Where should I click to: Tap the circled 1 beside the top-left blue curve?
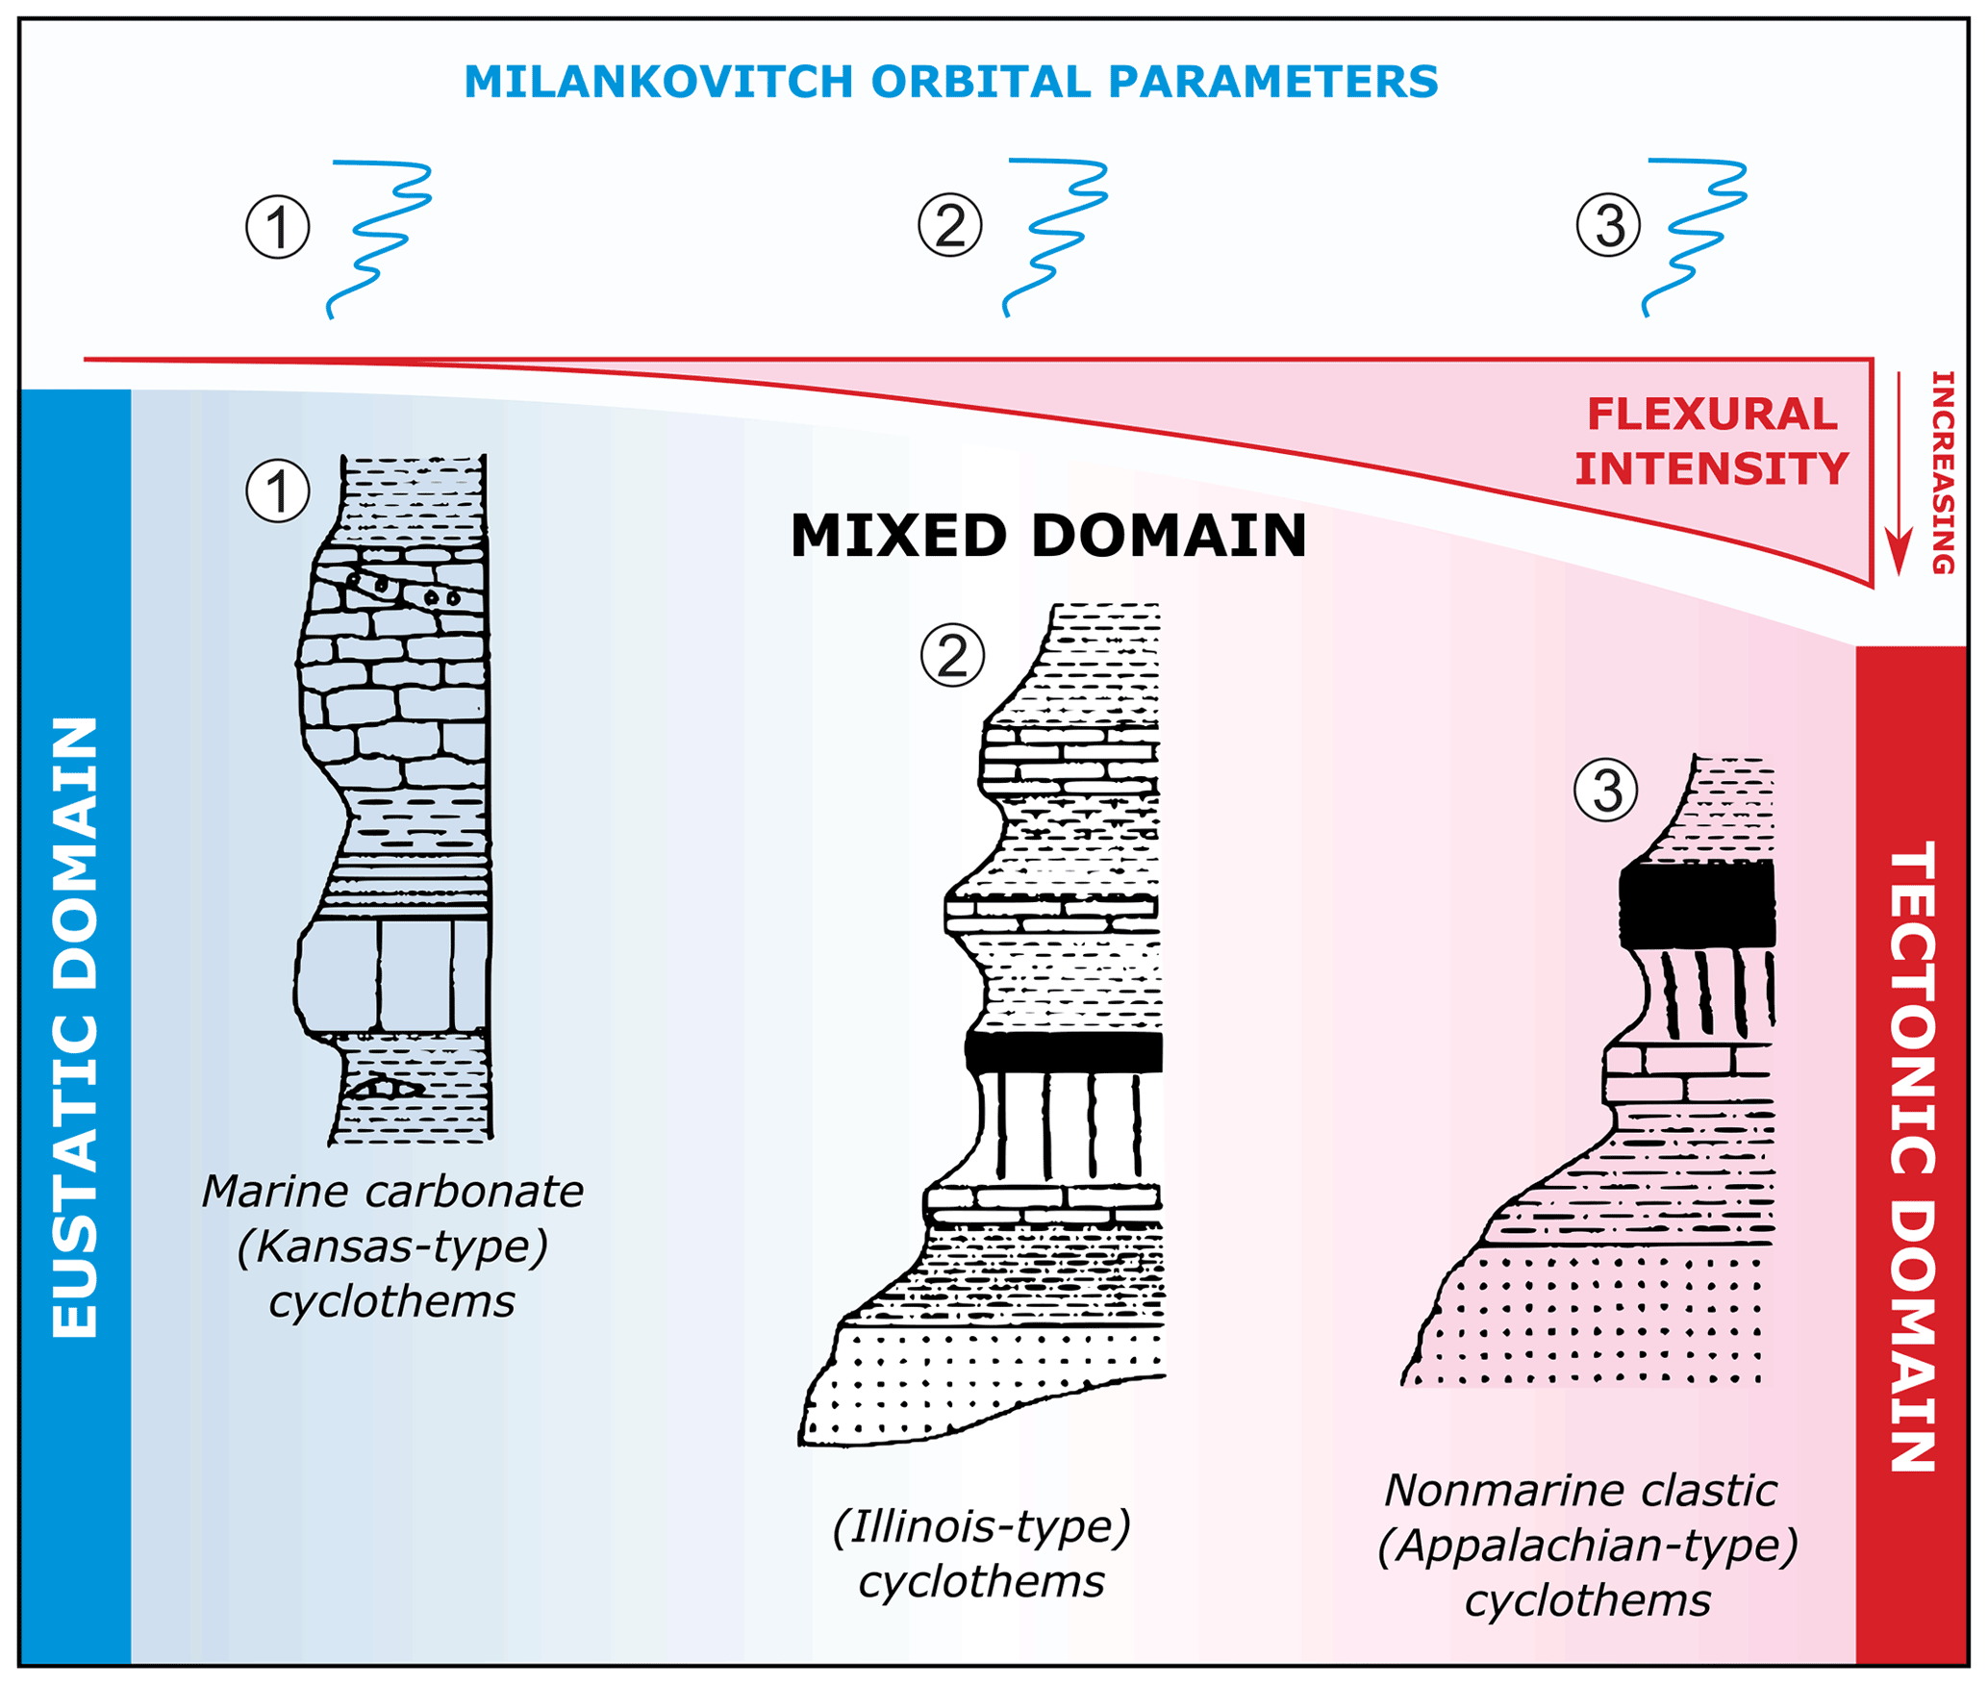[278, 228]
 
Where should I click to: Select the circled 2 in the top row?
[949, 225]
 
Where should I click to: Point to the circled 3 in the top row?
[1608, 225]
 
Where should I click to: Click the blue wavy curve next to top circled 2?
[1056, 235]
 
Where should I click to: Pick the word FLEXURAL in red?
[1712, 415]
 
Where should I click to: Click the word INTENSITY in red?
[1712, 469]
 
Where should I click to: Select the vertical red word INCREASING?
[1943, 473]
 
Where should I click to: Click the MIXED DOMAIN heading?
[1048, 536]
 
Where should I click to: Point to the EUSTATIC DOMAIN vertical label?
[75, 1026]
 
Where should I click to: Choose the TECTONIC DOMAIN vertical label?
[1912, 1154]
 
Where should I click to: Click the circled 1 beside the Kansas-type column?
[278, 491]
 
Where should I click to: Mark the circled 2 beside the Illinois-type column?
[952, 656]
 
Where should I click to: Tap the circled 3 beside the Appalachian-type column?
[1605, 791]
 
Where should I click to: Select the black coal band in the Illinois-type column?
[1064, 1053]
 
